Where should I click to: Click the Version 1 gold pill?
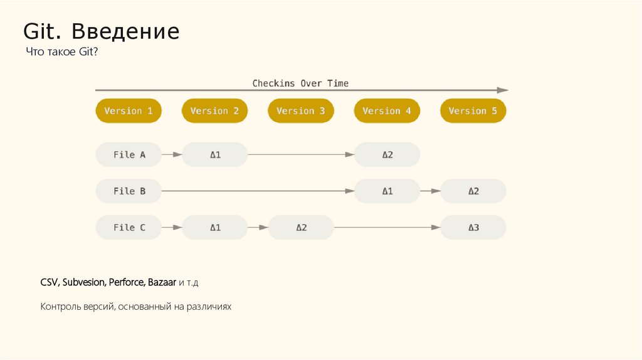tap(129, 111)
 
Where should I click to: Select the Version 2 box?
tap(214, 111)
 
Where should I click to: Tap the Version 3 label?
tap(300, 111)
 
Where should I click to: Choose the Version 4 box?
tap(387, 111)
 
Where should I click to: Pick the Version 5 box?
tap(473, 111)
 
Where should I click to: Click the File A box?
tap(129, 154)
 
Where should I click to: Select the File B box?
tap(129, 191)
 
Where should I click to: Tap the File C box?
tap(129, 227)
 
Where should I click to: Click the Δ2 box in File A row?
tap(387, 154)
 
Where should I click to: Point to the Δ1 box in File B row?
tap(387, 191)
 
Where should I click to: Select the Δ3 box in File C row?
tap(473, 227)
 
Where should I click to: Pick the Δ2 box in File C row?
tap(301, 227)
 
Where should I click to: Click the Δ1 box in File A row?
tap(214, 154)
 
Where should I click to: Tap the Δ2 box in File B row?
tap(473, 191)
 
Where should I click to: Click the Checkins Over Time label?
tap(300, 83)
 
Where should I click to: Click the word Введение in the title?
tap(125, 31)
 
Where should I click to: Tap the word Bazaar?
tap(162, 283)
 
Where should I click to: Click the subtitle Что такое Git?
tap(61, 53)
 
